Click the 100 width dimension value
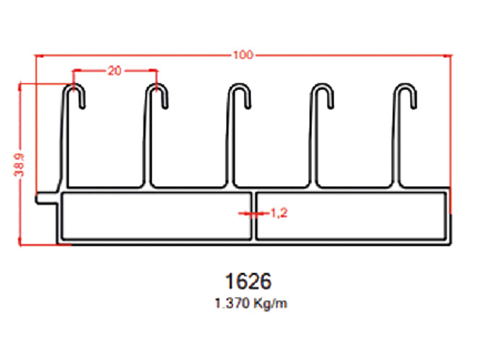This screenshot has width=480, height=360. pos(243,55)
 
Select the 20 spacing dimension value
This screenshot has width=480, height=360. pos(114,71)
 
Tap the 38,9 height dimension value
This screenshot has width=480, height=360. pos(19,165)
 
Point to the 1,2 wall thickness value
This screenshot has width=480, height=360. pos(279,213)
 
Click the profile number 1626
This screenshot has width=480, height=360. pos(248,281)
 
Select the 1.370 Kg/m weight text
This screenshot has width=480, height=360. pos(250,304)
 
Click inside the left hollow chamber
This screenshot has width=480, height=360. pos(156,215)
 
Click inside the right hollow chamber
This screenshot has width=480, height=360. pos(351,215)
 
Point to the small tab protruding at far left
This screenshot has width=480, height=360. pos(46,198)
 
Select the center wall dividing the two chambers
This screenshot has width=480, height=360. pos(253,215)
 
